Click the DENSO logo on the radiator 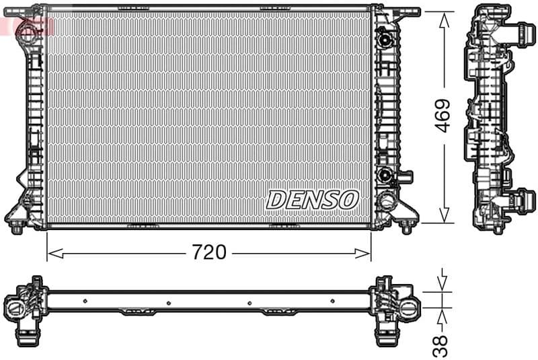313,199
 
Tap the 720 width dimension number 208,253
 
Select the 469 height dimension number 442,116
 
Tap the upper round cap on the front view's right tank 385,39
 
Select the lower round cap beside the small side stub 386,176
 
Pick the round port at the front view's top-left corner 28,30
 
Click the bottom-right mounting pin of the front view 405,227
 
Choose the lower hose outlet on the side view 521,200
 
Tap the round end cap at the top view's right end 410,308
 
